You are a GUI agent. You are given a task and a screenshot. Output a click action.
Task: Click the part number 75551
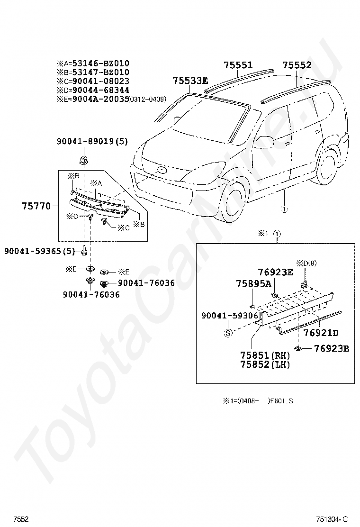tap(238, 65)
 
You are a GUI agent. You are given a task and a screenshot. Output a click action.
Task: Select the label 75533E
tap(190, 81)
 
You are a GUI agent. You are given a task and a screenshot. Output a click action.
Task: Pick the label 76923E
tap(275, 272)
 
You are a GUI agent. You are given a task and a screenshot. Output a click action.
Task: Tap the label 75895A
tap(253, 283)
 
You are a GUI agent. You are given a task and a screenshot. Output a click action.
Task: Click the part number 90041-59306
tap(230, 316)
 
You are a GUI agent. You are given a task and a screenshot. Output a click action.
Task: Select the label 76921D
tap(321, 333)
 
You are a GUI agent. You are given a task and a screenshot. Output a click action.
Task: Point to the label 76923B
tap(332, 349)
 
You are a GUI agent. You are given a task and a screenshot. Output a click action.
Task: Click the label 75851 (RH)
tap(264, 355)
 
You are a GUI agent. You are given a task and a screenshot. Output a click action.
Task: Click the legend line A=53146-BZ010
tap(93, 64)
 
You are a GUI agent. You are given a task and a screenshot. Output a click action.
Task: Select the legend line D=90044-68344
tap(93, 90)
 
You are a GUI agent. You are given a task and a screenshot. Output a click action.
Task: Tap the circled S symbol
tap(228, 333)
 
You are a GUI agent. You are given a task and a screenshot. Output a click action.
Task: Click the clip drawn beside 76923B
tap(299, 349)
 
